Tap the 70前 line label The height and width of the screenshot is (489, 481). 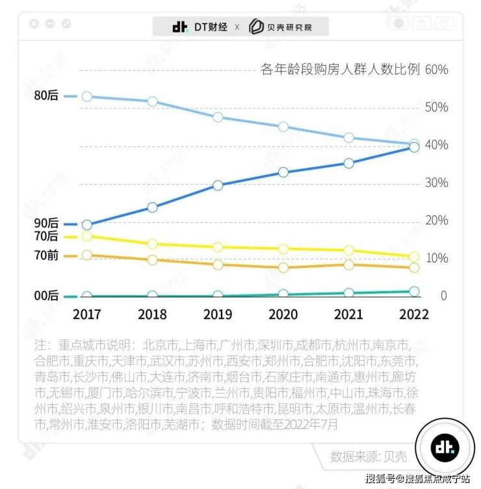click(45, 256)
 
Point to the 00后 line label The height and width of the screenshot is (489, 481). click(45, 296)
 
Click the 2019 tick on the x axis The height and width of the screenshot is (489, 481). click(218, 314)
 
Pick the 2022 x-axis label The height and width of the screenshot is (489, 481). click(413, 314)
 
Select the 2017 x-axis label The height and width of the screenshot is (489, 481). click(87, 314)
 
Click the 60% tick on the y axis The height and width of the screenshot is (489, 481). click(435, 70)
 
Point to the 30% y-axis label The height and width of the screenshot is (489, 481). click(435, 183)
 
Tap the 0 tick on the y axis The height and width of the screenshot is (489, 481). click(443, 296)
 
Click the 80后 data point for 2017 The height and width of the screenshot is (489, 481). click(87, 97)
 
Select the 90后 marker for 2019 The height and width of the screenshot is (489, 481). click(218, 185)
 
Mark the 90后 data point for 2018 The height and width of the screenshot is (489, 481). click(152, 207)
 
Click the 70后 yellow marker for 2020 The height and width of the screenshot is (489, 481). click(283, 249)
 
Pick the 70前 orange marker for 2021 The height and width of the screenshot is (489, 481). click(348, 265)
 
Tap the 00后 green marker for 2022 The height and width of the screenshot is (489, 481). click(414, 292)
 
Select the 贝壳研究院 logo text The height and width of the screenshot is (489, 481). click(289, 27)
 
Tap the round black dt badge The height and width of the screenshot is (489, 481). click(445, 448)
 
